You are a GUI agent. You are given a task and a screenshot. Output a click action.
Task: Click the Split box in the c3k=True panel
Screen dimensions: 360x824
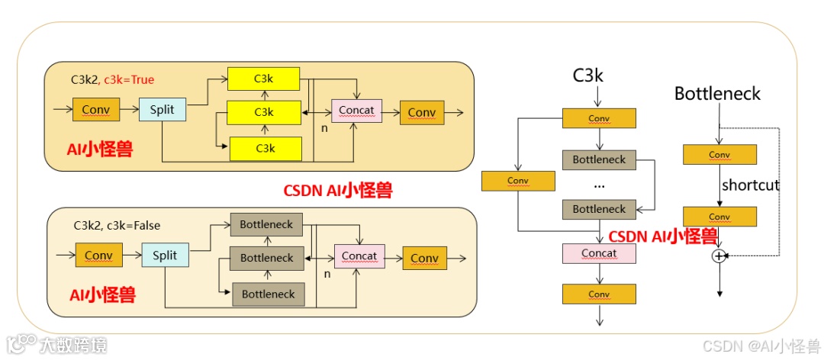point(162,110)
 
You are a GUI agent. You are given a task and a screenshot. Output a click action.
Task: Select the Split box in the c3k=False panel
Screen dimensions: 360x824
point(165,256)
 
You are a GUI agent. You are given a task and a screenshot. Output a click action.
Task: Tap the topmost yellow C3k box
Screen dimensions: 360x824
point(264,79)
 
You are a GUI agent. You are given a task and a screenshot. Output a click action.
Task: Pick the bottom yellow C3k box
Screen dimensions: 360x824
point(264,148)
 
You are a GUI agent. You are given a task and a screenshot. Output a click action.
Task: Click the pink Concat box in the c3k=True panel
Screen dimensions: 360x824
point(356,111)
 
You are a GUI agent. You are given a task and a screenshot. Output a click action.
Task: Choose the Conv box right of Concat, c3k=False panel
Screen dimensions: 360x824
point(424,258)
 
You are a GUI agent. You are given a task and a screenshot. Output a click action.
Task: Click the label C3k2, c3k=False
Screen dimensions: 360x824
point(117,226)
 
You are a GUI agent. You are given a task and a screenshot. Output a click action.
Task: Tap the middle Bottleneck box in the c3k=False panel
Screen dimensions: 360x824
point(267,258)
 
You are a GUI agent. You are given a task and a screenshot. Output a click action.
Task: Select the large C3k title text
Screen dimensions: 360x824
point(588,76)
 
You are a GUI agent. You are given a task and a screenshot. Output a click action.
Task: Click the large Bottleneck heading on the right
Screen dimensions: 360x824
point(717,94)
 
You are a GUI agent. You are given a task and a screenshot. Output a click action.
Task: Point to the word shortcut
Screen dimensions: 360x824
point(751,185)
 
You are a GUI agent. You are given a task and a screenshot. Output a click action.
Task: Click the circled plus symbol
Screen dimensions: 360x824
point(718,256)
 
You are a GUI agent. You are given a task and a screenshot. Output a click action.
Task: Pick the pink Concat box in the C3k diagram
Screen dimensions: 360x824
point(599,253)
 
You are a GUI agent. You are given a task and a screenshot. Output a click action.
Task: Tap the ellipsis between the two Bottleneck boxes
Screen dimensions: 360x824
point(599,185)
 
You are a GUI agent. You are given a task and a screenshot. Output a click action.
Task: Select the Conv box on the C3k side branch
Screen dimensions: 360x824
point(517,181)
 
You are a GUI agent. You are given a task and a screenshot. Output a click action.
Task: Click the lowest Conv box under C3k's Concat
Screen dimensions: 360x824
point(599,294)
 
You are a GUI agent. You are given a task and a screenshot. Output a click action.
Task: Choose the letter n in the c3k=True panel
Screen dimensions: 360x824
point(324,128)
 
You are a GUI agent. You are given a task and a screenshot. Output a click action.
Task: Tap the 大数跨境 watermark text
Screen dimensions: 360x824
point(74,345)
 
